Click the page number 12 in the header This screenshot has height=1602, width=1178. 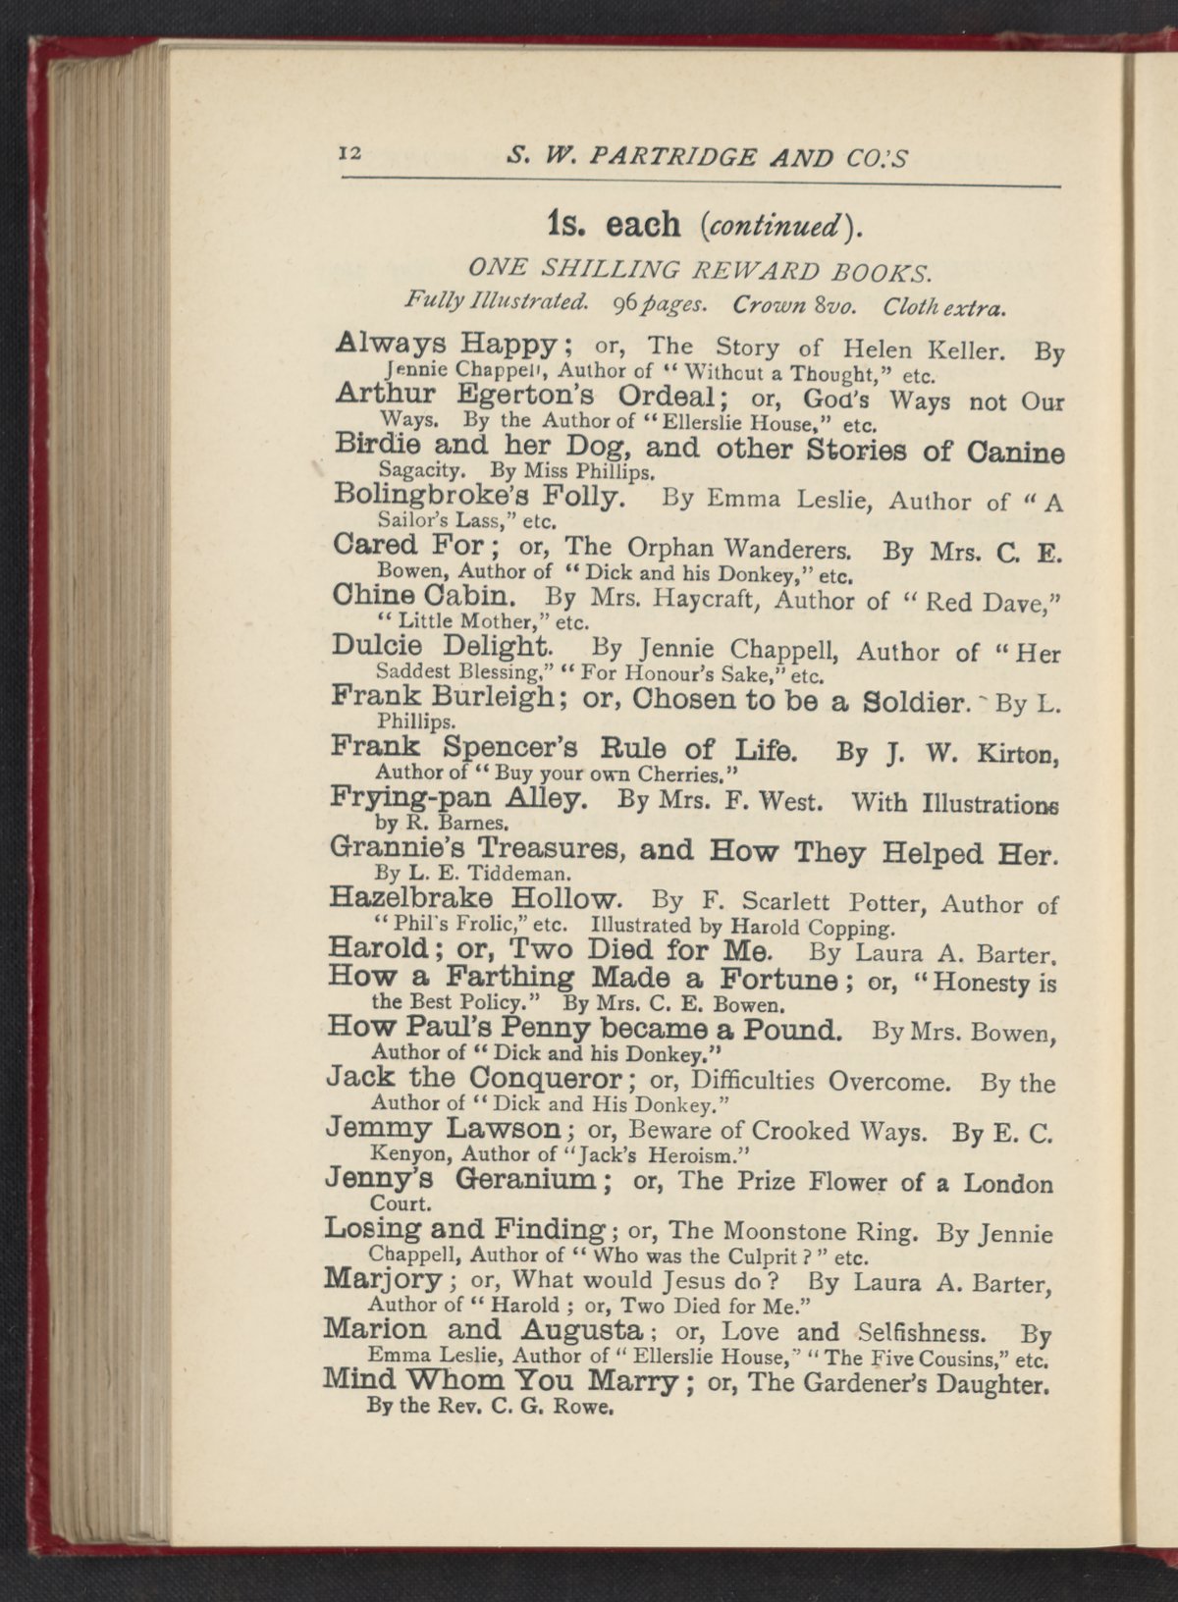pos(350,153)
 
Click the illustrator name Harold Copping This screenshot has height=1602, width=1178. pos(814,926)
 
